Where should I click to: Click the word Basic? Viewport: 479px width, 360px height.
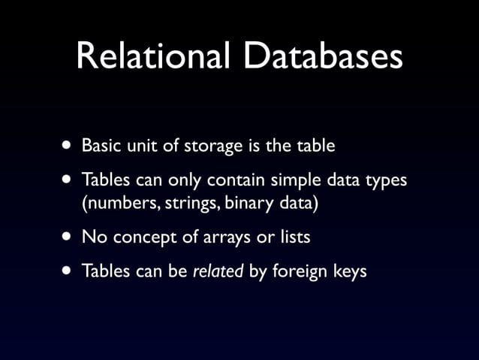pyautogui.click(x=101, y=145)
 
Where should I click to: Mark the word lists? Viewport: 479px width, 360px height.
pyautogui.click(x=291, y=237)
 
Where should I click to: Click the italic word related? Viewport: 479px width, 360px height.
pyautogui.click(x=218, y=271)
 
